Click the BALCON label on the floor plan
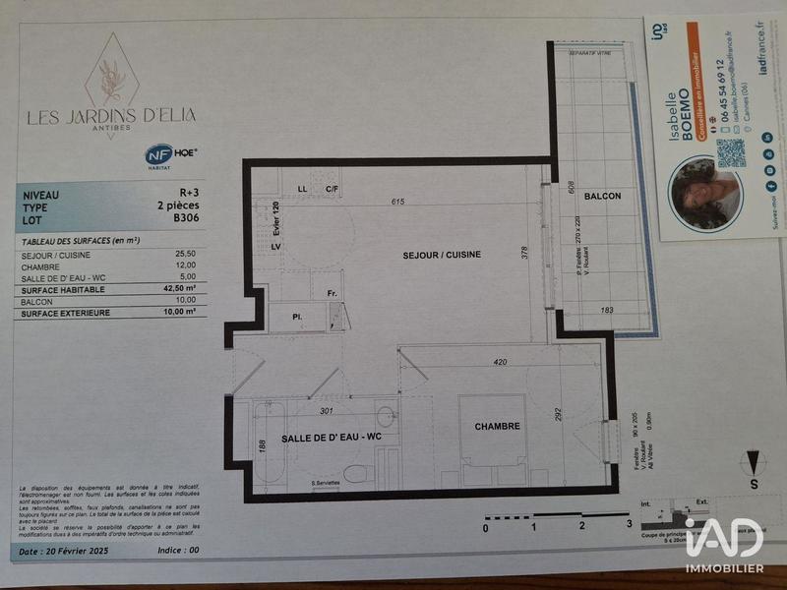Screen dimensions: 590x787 [602, 196]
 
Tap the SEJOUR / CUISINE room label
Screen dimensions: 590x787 [442, 255]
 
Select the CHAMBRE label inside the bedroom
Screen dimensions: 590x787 [497, 426]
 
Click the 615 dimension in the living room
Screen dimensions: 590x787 [397, 203]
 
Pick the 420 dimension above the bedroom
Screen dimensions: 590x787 [500, 362]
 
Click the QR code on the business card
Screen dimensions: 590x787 [730, 152]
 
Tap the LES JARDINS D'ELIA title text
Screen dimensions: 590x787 [110, 116]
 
